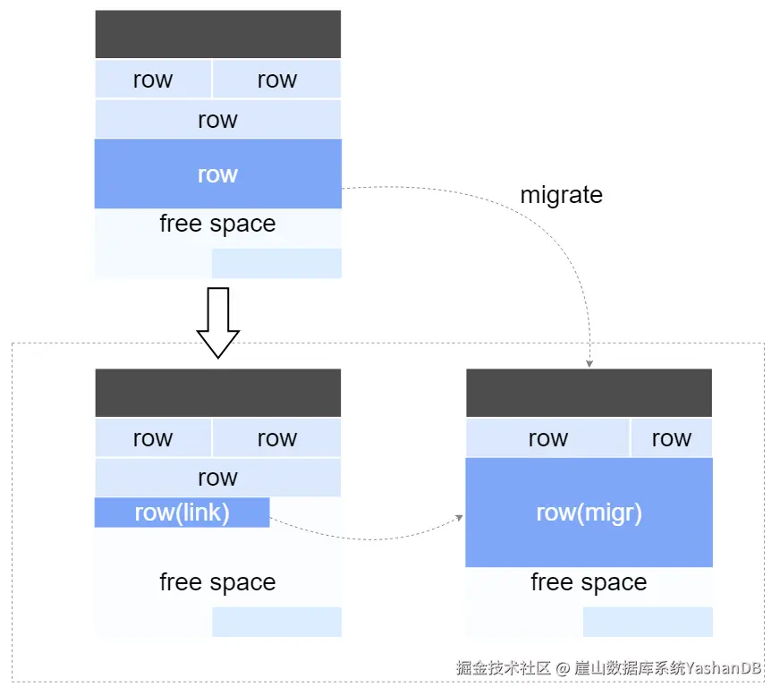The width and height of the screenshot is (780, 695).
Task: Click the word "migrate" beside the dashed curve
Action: [x=561, y=195]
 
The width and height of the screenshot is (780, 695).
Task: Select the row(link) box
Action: [x=182, y=513]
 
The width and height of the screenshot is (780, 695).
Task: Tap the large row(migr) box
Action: [x=589, y=513]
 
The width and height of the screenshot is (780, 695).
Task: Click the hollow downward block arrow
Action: [x=218, y=322]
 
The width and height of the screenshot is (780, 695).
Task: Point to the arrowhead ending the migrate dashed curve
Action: [x=589, y=364]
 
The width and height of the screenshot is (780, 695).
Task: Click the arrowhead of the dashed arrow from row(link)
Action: [x=459, y=518]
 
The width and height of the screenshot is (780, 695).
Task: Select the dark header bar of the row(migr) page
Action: [x=589, y=393]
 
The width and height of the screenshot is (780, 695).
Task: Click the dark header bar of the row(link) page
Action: [x=218, y=393]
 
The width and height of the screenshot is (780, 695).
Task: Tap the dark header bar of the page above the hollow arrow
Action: [x=218, y=34]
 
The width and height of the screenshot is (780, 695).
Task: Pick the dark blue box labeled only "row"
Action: [x=218, y=174]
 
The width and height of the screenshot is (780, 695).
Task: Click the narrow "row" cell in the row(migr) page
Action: [x=672, y=437]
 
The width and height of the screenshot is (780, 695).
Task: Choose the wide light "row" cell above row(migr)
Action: [x=547, y=437]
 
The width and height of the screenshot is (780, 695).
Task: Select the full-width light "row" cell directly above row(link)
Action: [x=218, y=478]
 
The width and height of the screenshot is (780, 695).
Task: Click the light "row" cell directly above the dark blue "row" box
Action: [x=218, y=119]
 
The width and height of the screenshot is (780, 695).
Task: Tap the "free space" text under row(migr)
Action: [x=589, y=582]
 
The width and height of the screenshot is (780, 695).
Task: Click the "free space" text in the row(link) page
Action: [x=218, y=582]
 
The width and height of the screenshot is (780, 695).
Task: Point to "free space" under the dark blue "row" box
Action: [x=218, y=224]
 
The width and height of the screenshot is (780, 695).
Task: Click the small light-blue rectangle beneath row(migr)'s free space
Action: [x=648, y=622]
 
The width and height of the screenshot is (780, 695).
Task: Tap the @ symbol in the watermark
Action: [x=563, y=668]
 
